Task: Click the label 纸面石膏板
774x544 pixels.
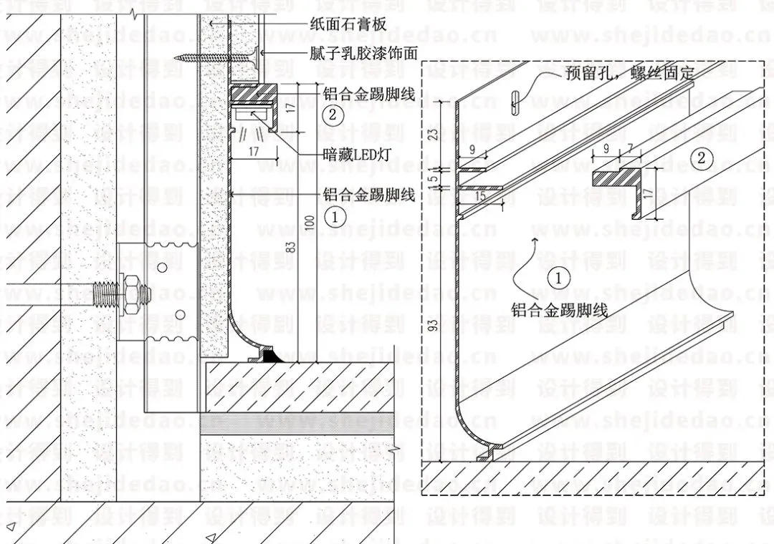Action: pos(348,24)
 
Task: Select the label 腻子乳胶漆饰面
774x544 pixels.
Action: pos(364,54)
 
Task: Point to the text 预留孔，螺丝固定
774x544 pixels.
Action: pos(620,72)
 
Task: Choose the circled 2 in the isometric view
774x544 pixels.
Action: pos(702,158)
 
